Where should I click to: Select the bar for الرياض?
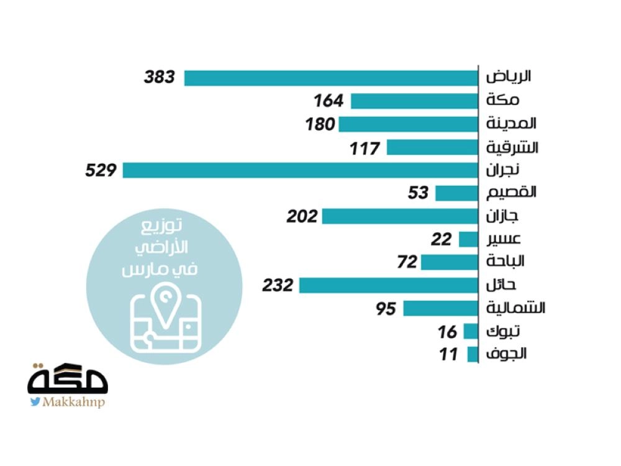pyautogui.click(x=331, y=78)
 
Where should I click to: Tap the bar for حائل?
pyautogui.click(x=389, y=285)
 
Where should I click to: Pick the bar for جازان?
pyautogui.click(x=400, y=216)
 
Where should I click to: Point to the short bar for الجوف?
pyautogui.click(x=473, y=355)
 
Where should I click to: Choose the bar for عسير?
pyautogui.click(x=468, y=239)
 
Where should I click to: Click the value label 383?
pyautogui.click(x=160, y=78)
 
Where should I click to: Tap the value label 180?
pyautogui.click(x=319, y=124)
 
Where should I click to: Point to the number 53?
pyautogui.click(x=418, y=193)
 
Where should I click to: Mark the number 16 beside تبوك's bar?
pyautogui.click(x=447, y=332)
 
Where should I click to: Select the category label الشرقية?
pyautogui.click(x=512, y=148)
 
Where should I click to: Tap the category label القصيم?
pyautogui.click(x=510, y=193)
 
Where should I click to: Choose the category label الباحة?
pyautogui.click(x=506, y=262)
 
